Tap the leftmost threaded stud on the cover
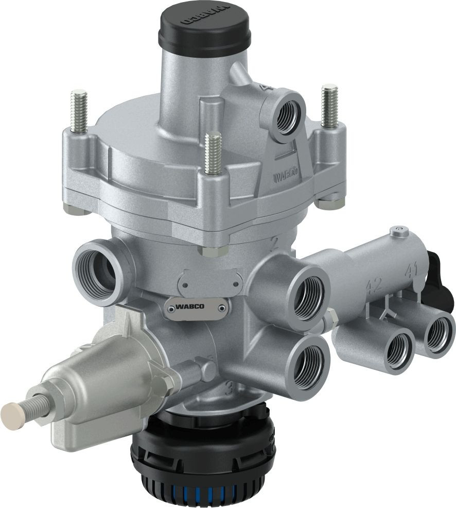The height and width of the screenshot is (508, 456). pos(79,111)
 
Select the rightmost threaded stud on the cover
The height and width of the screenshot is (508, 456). pos(329,106)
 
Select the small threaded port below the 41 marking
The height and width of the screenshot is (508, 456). pos(437,334)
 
